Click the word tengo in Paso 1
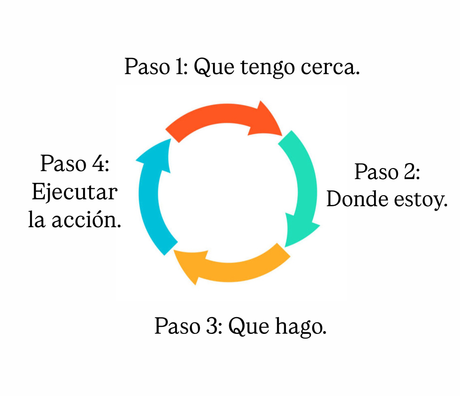267,67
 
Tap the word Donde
357,199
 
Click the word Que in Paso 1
214,67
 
